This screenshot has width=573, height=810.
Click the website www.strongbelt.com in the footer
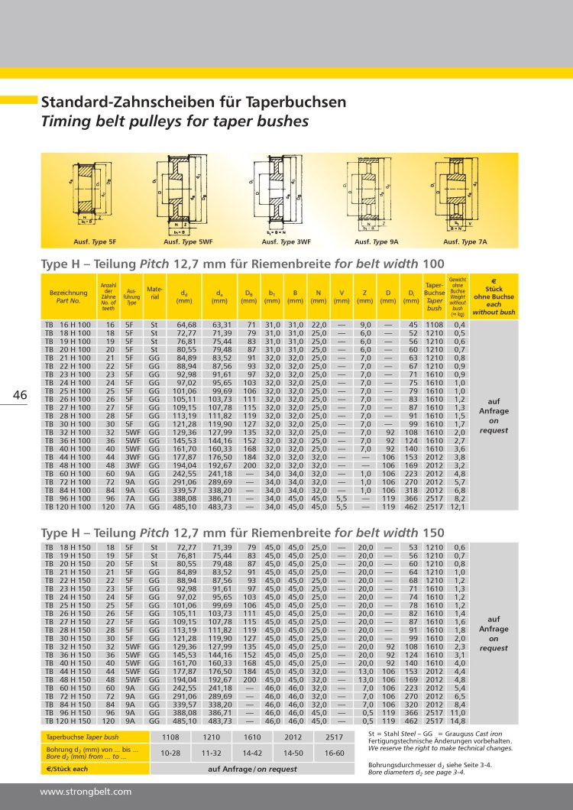pos(86,792)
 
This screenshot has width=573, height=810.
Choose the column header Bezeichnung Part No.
pos(69,296)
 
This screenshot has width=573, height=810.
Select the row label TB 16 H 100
pos(69,326)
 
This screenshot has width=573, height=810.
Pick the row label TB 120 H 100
pos(69,506)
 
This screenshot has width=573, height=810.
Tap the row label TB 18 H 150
pos(69,548)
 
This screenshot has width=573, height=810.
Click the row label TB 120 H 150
pos(69,721)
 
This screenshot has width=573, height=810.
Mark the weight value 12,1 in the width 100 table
pos(459,506)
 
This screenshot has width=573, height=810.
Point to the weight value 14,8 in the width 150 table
pos(459,721)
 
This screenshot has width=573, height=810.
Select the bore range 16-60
pos(334,753)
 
